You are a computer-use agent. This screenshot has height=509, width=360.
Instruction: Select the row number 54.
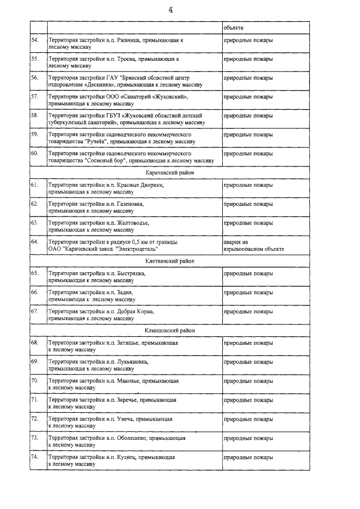(x=35, y=41)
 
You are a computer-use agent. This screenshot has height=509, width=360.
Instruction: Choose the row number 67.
(x=35, y=311)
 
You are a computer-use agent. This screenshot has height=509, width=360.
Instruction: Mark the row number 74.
(x=35, y=457)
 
